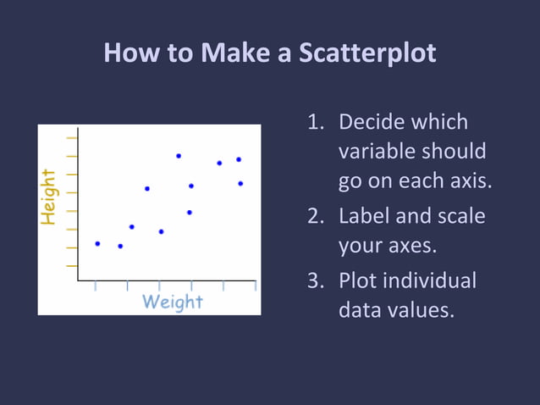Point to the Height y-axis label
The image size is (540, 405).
click(x=49, y=197)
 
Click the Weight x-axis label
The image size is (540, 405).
click(x=173, y=302)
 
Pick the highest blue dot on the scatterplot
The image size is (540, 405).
click(x=179, y=156)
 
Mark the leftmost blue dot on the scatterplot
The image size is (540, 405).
click(x=97, y=243)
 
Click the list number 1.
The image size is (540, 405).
click(x=315, y=122)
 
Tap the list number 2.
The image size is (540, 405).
click(x=315, y=216)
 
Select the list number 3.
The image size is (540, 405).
click(x=315, y=280)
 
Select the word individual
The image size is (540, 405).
click(x=429, y=280)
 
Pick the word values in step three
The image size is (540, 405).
click(x=420, y=310)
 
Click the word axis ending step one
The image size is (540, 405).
click(x=468, y=182)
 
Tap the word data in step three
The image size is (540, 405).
click(x=359, y=310)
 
